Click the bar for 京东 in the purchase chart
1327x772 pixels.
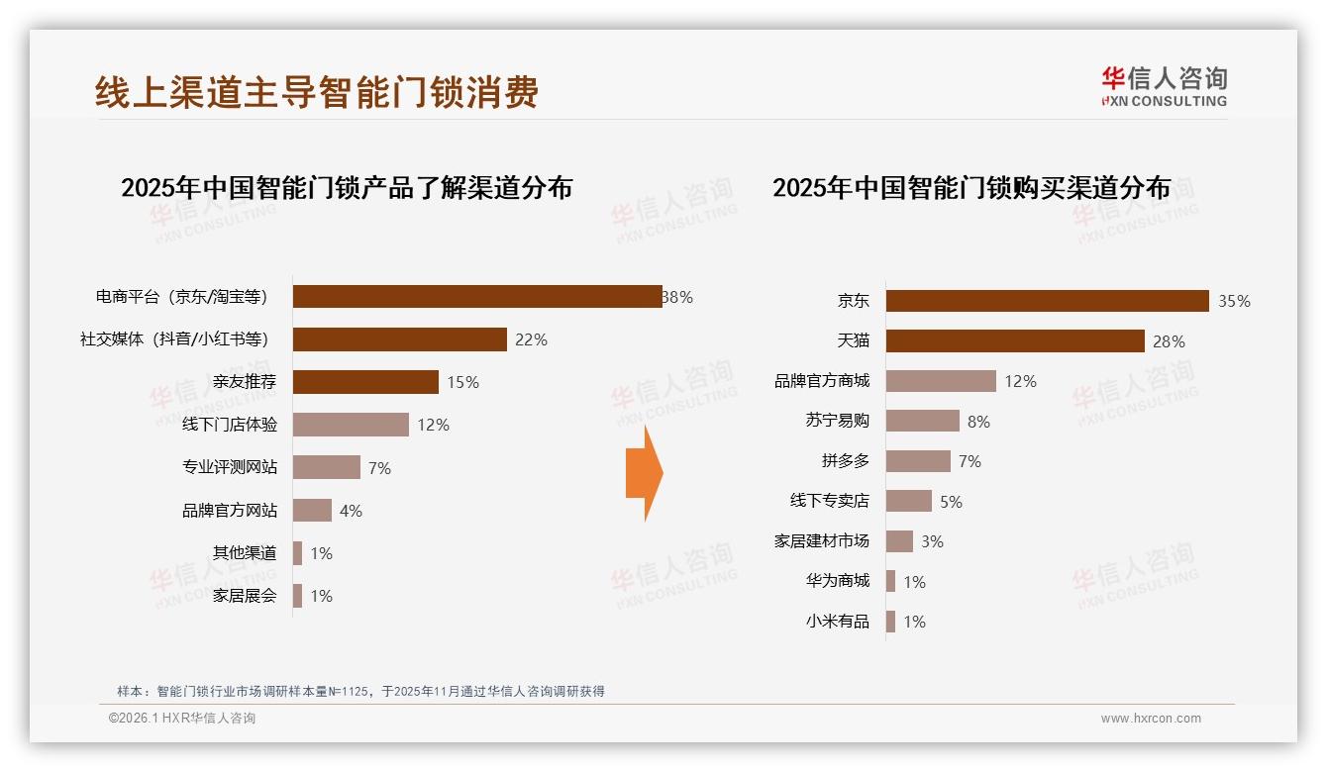[1047, 301]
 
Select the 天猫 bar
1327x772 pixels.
[1015, 340]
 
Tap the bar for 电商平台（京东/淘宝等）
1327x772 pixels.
[477, 296]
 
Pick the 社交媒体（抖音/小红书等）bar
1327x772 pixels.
[400, 339]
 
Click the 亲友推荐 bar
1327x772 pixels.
[365, 382]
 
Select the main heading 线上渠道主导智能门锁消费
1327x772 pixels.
[317, 92]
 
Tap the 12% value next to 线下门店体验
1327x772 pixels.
[433, 425]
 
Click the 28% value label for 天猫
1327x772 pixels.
[1169, 341]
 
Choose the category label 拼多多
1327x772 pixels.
[845, 461]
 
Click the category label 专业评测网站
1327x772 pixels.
[230, 467]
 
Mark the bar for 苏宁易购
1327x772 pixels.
[922, 421]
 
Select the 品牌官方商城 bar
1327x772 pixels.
[941, 381]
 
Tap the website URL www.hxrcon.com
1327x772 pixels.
[1151, 719]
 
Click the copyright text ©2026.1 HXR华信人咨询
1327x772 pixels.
[182, 719]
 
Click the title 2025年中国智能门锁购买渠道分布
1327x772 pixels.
[970, 187]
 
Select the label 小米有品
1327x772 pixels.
[837, 622]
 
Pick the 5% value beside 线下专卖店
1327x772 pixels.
[951, 502]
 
